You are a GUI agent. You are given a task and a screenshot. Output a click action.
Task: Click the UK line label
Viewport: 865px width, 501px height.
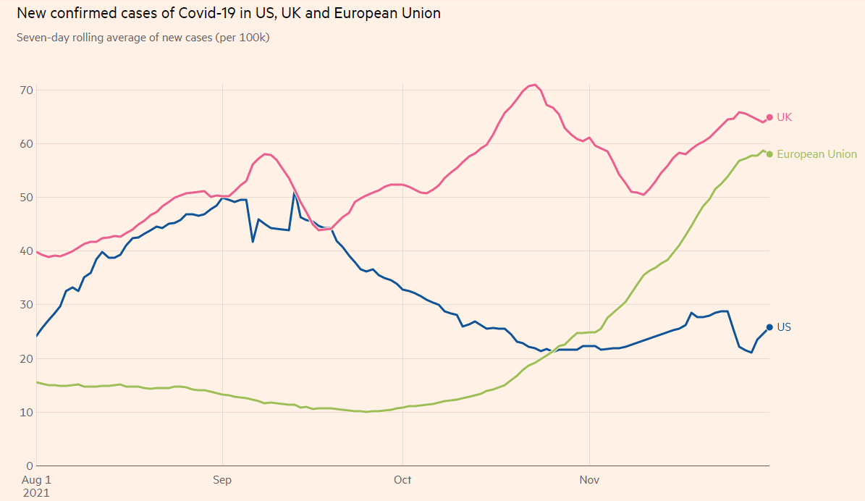pos(784,117)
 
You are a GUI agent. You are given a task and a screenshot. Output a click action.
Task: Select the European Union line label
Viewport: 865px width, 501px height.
pos(817,154)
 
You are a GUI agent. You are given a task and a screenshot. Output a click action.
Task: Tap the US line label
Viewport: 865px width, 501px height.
pos(784,327)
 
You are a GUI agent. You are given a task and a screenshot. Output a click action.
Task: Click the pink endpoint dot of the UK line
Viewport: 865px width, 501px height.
pos(769,117)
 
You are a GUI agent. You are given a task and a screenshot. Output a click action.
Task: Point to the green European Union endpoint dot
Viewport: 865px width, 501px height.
pos(769,154)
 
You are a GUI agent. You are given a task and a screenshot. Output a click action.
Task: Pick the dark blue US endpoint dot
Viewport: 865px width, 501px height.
pos(769,327)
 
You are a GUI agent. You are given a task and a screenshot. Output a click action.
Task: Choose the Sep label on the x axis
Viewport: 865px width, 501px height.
pos(222,479)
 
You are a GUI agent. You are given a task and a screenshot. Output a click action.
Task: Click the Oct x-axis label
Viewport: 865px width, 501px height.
pos(402,479)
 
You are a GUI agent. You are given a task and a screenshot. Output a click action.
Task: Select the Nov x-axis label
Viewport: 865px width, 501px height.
pos(590,479)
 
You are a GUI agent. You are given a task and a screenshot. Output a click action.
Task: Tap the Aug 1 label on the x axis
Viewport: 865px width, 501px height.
pos(36,479)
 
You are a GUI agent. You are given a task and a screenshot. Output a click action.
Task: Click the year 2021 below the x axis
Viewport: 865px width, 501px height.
pos(36,492)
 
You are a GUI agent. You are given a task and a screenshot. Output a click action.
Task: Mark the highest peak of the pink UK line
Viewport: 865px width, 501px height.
pos(533,85)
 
